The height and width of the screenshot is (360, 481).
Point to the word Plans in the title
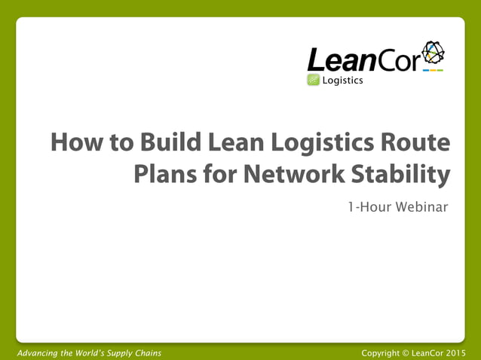tap(164, 175)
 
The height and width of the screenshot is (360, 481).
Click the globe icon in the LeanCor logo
tap(433, 53)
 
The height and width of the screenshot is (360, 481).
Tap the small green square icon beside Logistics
tap(314, 81)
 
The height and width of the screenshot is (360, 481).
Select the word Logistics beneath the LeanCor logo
tap(343, 81)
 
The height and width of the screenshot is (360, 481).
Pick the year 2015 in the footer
tap(455, 352)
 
